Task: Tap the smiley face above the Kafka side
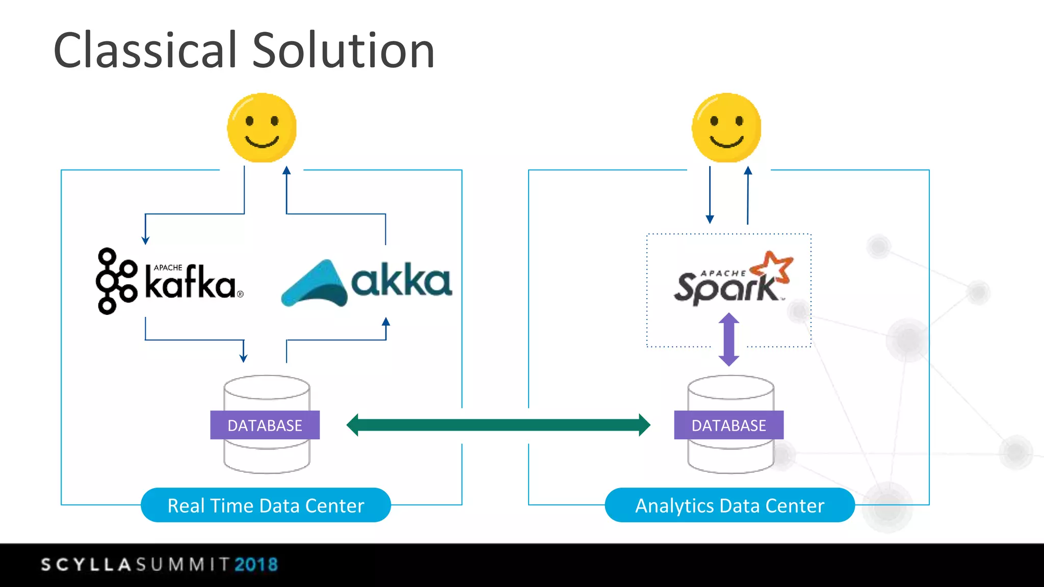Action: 262,127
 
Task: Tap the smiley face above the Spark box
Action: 726,127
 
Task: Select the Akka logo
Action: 367,283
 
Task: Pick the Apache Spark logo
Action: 732,279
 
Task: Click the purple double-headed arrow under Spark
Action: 728,339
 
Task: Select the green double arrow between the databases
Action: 498,425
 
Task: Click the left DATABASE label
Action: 265,425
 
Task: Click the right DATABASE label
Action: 728,425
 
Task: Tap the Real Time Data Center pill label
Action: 266,505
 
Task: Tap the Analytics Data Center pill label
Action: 729,505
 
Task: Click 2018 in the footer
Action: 256,565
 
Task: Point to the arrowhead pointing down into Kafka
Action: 145,240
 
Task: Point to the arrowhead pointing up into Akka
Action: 386,322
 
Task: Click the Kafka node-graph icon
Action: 116,281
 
